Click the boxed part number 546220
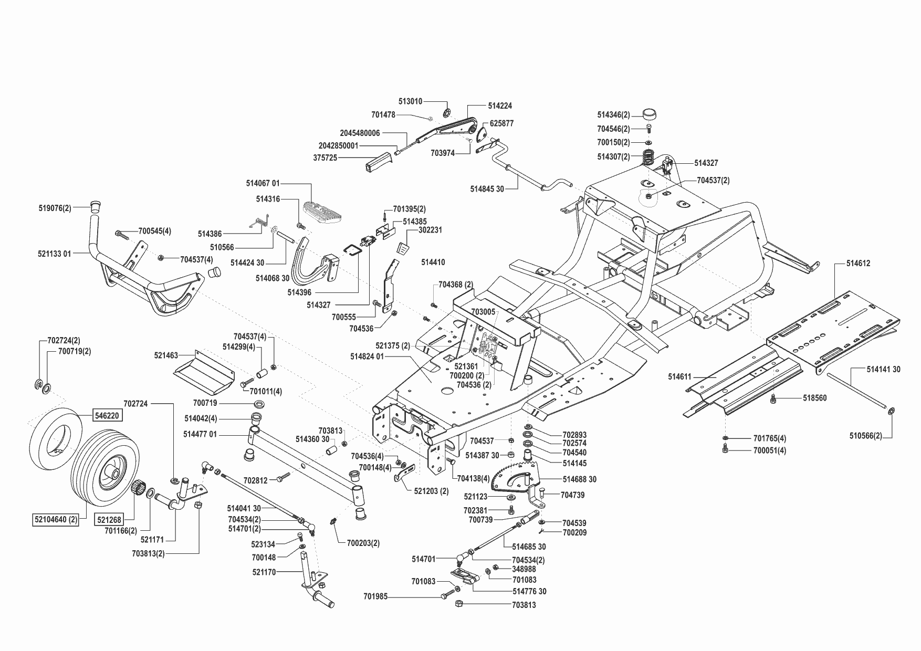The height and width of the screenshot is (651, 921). click(107, 415)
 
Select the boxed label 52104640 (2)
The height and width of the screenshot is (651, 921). click(54, 520)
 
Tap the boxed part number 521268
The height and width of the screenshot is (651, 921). click(109, 520)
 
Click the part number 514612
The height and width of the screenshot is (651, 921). click(858, 264)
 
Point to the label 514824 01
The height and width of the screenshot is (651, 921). click(368, 356)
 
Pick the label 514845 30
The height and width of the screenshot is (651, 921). click(487, 188)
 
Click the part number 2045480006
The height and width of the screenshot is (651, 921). click(360, 133)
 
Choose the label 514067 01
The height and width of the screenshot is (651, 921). click(263, 183)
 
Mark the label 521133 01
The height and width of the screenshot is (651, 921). click(54, 254)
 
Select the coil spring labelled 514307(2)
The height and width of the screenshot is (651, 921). click(651, 156)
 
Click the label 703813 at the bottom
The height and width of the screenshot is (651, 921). click(524, 605)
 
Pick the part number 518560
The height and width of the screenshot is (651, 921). click(814, 398)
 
